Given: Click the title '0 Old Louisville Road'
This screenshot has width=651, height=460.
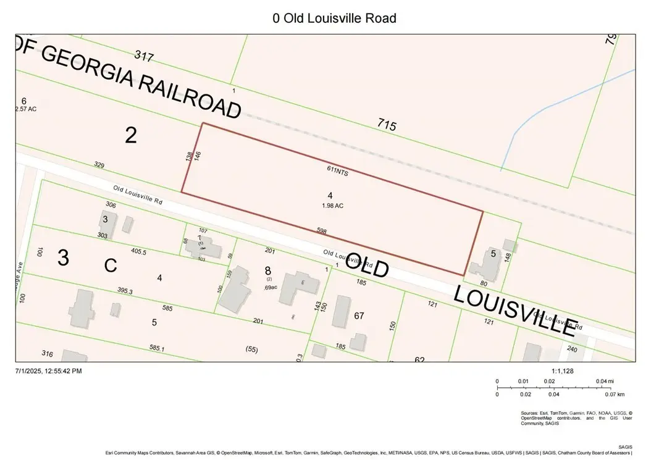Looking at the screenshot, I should (334, 18).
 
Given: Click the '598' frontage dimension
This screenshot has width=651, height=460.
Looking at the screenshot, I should (321, 232).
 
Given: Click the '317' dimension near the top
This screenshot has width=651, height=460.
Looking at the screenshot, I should (143, 57).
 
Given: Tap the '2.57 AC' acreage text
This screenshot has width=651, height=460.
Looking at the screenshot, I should (26, 109).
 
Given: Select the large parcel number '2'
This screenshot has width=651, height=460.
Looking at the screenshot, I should (131, 135).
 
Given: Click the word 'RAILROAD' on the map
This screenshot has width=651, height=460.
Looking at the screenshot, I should (188, 96).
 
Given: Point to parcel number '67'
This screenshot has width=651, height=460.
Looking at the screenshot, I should (359, 316).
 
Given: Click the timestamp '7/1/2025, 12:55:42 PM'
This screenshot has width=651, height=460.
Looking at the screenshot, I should (49, 371).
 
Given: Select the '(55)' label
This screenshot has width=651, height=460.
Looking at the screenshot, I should (251, 349).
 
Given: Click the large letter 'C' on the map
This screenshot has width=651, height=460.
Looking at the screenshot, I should (111, 266).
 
